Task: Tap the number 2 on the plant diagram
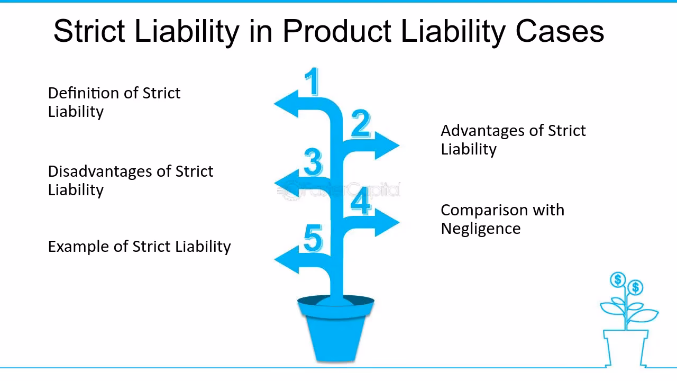tap(361, 124)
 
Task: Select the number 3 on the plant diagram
tap(313, 162)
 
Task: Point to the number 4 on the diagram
tap(361, 201)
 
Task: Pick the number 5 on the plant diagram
tap(313, 238)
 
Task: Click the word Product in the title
tap(338, 31)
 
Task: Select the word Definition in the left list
tap(81, 93)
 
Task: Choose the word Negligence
tap(480, 229)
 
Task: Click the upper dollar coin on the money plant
tap(618, 279)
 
